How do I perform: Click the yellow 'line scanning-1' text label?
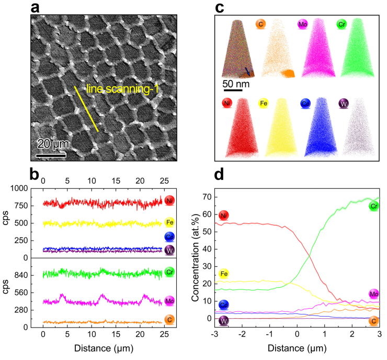point(122,89)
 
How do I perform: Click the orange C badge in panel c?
point(260,24)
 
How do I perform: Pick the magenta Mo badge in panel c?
point(302,24)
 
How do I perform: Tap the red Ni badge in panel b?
point(169,200)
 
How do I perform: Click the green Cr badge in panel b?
point(169,272)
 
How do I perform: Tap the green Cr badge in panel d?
point(373,206)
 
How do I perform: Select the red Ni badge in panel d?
point(223,215)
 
